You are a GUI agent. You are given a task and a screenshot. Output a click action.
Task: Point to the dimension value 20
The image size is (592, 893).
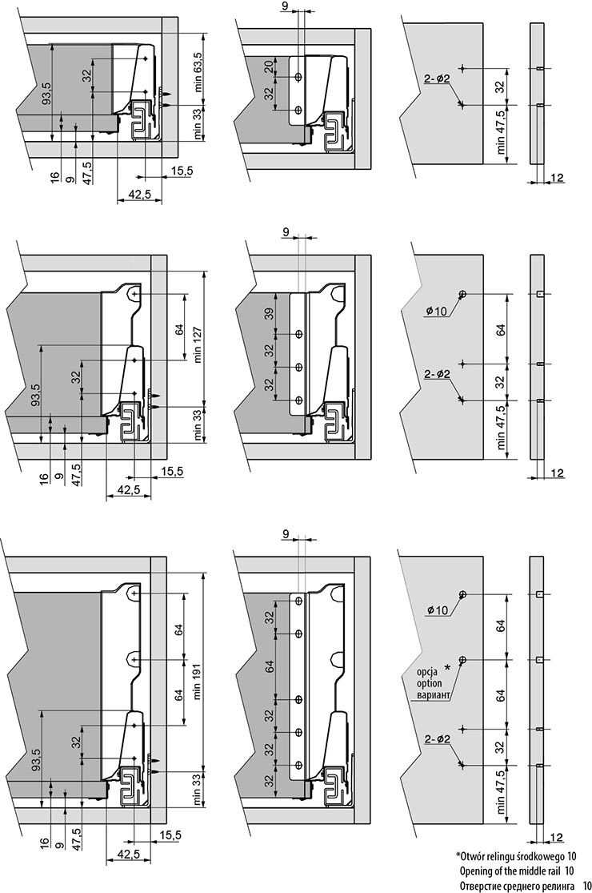pyautogui.click(x=270, y=66)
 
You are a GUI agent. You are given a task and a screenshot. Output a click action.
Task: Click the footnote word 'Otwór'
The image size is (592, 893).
pyautogui.click(x=478, y=855)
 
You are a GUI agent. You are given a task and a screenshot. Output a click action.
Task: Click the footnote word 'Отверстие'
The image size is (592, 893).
pyautogui.click(x=488, y=885)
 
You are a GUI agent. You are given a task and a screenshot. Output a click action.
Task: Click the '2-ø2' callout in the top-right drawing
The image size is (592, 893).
pyautogui.click(x=438, y=78)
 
